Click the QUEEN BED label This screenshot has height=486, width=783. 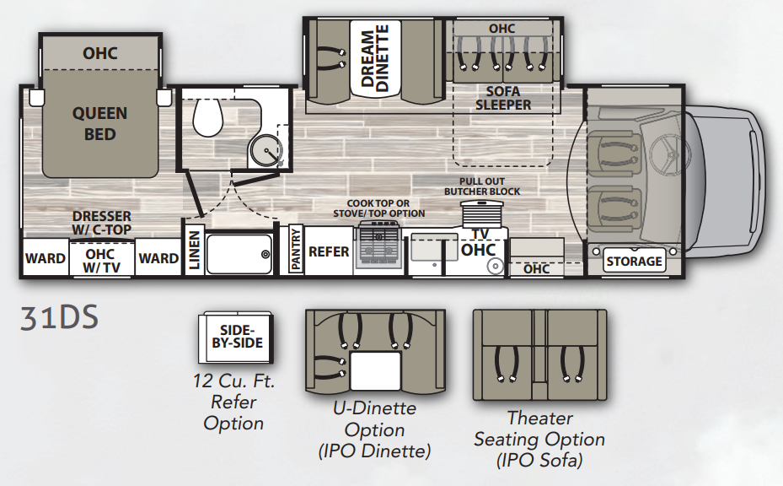99,123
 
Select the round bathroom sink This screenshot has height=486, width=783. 265,150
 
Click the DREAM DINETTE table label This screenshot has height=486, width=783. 375,57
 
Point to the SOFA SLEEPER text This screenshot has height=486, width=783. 503,98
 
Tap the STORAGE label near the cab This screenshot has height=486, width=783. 634,261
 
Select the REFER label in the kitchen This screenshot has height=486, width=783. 329,251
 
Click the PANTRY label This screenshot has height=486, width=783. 296,249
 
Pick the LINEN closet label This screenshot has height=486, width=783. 194,251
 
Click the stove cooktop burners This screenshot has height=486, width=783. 378,246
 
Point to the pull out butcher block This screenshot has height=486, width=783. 482,213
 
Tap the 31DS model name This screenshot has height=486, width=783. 60,318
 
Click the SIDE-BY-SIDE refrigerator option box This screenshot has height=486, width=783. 236,338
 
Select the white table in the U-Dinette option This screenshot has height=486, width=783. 376,370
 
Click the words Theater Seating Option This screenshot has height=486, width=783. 539,429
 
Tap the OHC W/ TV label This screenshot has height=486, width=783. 102,261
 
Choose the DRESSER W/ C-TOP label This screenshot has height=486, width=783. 102,223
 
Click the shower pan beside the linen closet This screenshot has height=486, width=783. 239,254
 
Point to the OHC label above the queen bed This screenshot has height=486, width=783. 99,53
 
